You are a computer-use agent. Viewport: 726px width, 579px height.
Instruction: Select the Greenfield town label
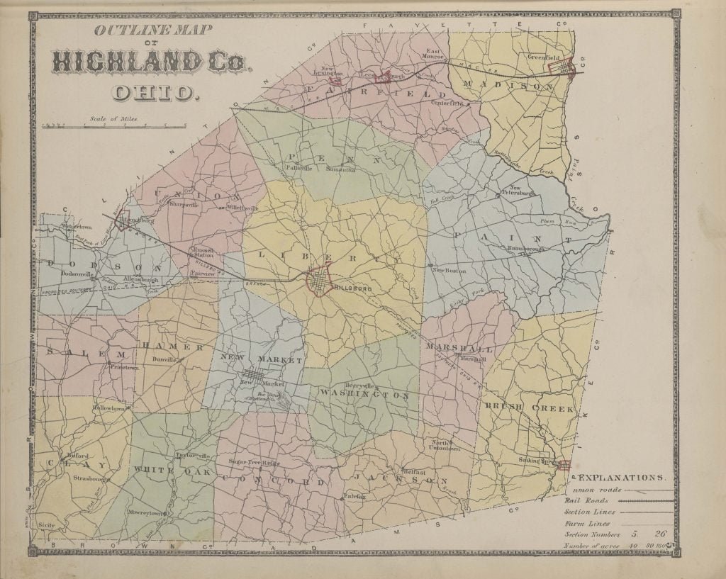tap(544, 57)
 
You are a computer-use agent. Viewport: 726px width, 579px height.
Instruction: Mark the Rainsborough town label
tap(526, 249)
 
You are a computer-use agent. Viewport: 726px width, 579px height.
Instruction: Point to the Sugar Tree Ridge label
tap(255, 461)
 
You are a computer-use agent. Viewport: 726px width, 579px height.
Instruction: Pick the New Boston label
tap(452, 270)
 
